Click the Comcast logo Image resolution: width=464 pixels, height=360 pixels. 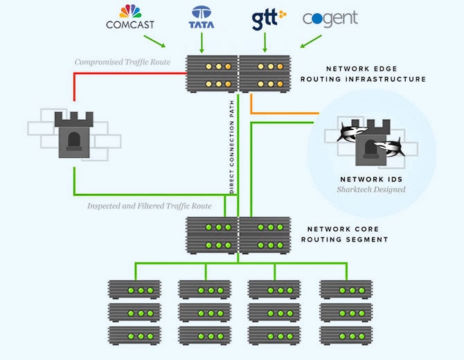click(130, 17)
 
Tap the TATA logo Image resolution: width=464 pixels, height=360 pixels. click(202, 17)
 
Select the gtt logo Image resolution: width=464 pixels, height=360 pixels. click(269, 19)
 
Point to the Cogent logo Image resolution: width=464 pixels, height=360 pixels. click(330, 19)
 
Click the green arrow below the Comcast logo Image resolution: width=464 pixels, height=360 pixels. click(154, 42)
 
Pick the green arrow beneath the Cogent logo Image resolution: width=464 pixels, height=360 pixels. click(311, 42)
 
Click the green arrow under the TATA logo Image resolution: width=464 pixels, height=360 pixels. click(202, 43)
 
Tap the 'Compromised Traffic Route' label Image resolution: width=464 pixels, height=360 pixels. click(123, 62)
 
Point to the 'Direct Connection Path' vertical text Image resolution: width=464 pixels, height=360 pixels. click(232, 147)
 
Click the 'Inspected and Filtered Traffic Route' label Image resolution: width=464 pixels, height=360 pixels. click(150, 206)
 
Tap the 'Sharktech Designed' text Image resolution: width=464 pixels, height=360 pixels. click(371, 189)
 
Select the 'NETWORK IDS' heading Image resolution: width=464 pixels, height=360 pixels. click(371, 179)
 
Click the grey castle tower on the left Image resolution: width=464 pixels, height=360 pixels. click(74, 134)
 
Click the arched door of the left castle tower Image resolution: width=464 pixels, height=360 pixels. click(74, 141)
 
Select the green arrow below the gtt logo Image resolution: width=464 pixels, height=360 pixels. click(265, 43)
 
